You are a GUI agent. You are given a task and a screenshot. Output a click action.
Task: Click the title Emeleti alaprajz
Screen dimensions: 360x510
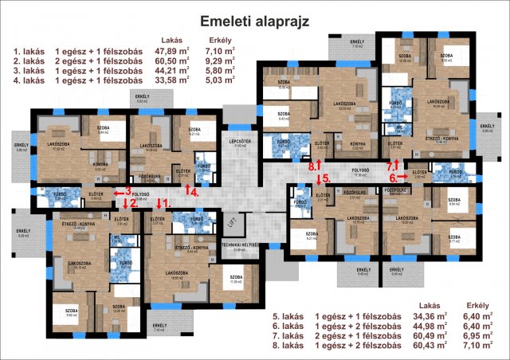(254, 19)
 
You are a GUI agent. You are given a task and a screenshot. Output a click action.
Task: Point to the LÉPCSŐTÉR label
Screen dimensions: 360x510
(242, 146)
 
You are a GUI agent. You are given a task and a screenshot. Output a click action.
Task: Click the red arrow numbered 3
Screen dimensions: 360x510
(120, 192)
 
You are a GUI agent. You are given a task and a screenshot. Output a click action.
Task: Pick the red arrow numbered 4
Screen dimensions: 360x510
(188, 190)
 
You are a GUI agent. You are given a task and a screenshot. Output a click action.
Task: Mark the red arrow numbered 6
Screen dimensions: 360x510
(398, 178)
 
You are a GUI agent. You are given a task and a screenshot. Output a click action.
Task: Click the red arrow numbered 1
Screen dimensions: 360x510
(160, 203)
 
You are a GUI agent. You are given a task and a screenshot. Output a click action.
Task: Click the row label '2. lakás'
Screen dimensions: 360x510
(29, 60)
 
